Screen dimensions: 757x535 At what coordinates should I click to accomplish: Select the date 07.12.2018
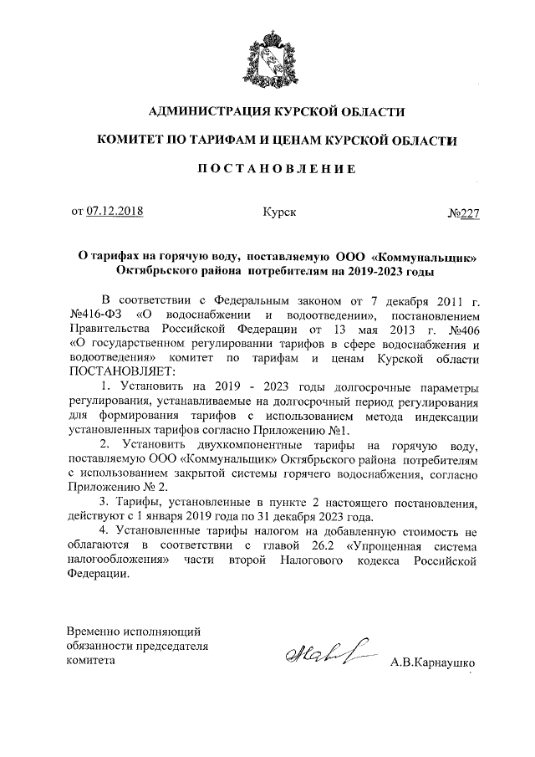115,212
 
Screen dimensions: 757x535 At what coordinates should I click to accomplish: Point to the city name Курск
278,212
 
